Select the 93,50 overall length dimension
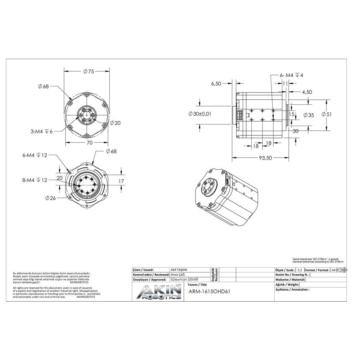[x=265, y=158]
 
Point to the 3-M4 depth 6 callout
[x=41, y=131]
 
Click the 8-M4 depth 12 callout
[x=35, y=180]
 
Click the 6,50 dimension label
[x=216, y=84]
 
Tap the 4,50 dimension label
[x=307, y=92]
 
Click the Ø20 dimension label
[x=115, y=123]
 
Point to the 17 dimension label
[x=121, y=181]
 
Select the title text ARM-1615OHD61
[x=209, y=291]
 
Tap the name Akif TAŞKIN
[x=179, y=270]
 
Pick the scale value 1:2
[x=300, y=270]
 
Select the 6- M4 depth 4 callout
[x=292, y=75]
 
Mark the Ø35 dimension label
[x=309, y=115]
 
